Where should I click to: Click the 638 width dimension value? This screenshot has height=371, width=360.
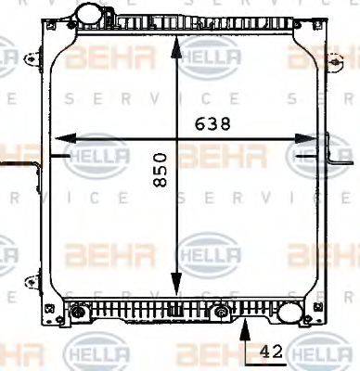coord(213,123)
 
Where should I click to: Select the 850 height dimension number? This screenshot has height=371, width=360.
coord(161,172)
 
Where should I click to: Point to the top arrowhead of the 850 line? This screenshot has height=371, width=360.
coord(176,43)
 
